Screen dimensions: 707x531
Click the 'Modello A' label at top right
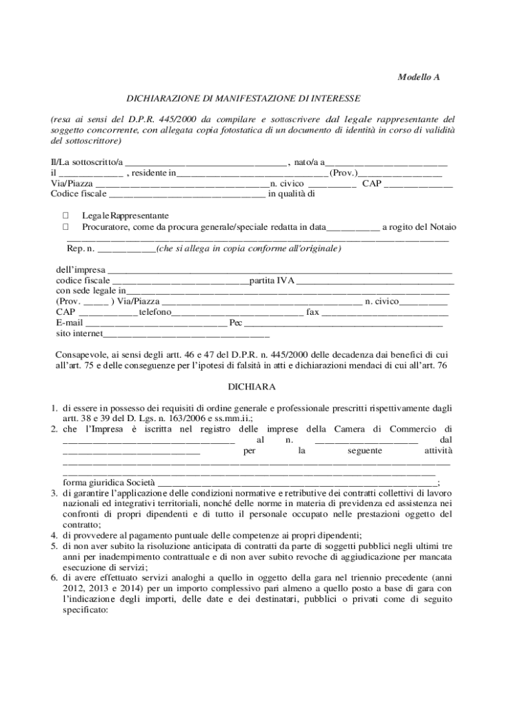(x=418, y=77)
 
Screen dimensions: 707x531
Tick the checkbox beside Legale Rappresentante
(x=66, y=216)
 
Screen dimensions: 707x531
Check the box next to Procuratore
(x=66, y=226)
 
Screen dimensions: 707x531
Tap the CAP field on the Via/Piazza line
(x=418, y=185)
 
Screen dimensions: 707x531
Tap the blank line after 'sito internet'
(x=176, y=335)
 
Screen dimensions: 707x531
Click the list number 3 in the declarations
(x=54, y=494)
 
